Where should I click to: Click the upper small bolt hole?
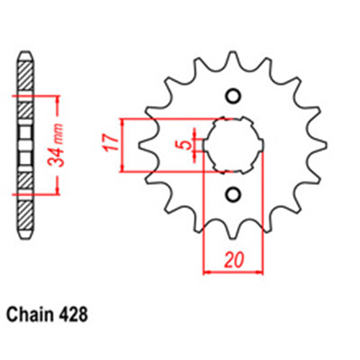pyautogui.click(x=233, y=96)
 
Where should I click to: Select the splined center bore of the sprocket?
pyautogui.click(x=233, y=145)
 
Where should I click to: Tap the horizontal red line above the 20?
pyautogui.click(x=232, y=272)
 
